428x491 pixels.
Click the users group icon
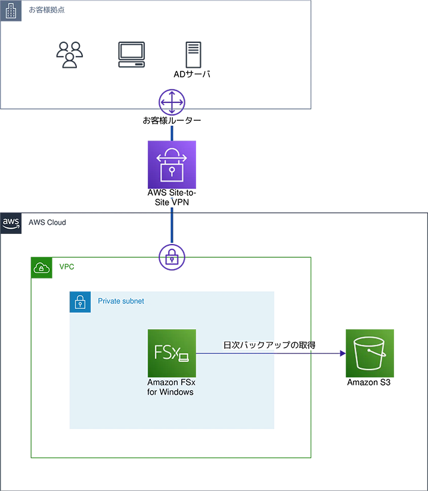tap(70, 55)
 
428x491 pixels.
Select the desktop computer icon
tap(132, 55)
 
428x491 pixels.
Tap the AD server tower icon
tap(193, 55)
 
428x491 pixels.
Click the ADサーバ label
tap(192, 74)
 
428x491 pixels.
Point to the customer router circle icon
tap(172, 102)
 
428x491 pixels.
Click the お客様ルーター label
tap(172, 121)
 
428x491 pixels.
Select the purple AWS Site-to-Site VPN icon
tap(172, 165)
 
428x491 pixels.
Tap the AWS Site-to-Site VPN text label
tap(172, 197)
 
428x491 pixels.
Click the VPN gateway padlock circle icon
tap(172, 257)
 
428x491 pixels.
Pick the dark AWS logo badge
tap(11, 223)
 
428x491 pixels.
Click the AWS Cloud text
tap(47, 223)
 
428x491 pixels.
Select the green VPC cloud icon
tap(42, 268)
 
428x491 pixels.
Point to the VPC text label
tap(67, 267)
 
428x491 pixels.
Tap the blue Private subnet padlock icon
tap(80, 302)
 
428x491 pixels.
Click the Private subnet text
tap(121, 301)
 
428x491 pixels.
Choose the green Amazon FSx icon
tap(172, 353)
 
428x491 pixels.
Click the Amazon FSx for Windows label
tap(171, 387)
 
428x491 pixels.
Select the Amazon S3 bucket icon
tap(370, 353)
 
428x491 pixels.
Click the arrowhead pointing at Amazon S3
tap(343, 354)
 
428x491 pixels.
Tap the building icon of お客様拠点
tap(11, 11)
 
